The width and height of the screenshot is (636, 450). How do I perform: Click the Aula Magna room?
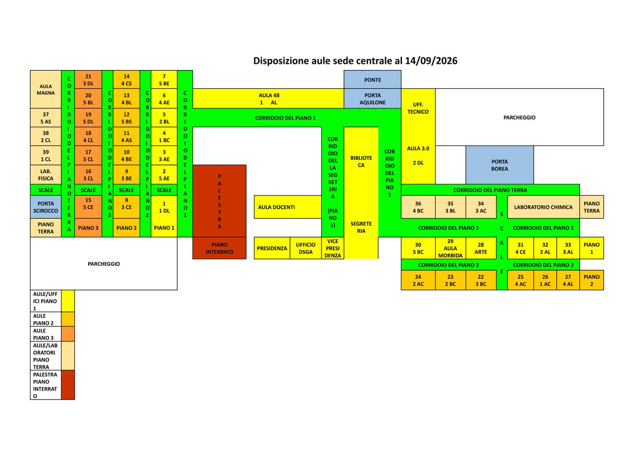[x=45, y=89]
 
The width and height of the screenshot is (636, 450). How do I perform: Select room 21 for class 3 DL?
[x=88, y=80]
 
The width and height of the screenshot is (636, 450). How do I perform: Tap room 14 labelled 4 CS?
[x=126, y=80]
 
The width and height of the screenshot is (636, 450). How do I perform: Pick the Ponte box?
[x=373, y=80]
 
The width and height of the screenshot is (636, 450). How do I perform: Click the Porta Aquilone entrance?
[x=373, y=98]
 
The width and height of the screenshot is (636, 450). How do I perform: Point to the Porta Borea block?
[x=499, y=165]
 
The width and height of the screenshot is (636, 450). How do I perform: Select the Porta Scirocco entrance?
[x=45, y=207]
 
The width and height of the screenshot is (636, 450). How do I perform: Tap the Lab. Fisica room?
[x=45, y=175]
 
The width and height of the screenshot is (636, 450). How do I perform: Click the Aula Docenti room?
[x=287, y=207]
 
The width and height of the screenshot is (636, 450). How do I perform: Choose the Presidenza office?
[x=272, y=248]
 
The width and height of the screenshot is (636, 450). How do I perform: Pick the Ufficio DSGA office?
[x=306, y=248]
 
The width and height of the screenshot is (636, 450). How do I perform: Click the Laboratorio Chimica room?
[x=543, y=207]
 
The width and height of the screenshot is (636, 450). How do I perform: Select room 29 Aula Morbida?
[x=450, y=248]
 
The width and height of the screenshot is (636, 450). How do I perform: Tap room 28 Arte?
[x=481, y=248]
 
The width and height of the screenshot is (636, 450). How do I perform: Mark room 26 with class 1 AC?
[x=545, y=280]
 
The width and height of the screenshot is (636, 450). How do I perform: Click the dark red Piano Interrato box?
[x=219, y=248]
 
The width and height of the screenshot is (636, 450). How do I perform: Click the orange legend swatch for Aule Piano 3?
[x=68, y=333]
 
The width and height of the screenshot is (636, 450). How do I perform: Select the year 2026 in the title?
[x=446, y=61]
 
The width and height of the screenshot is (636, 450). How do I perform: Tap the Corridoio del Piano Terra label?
[x=490, y=190]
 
